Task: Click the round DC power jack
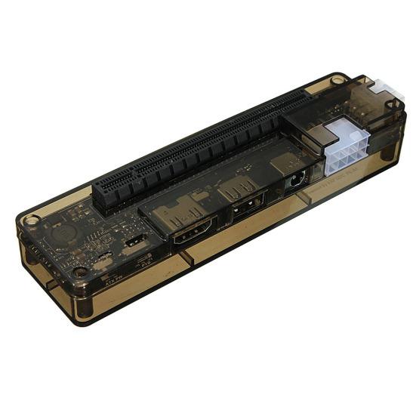coord(295,182)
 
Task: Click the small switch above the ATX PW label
coord(100,260)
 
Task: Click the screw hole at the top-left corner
coord(31,221)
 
